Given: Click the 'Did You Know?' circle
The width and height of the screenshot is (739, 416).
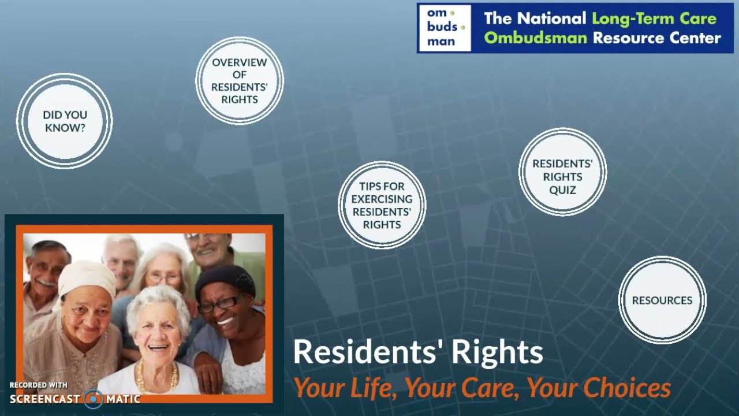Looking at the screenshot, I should click(x=65, y=121).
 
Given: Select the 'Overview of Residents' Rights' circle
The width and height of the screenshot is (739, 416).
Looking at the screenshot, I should click(x=239, y=81).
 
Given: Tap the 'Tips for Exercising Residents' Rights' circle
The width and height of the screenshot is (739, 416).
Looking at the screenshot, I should click(x=382, y=205).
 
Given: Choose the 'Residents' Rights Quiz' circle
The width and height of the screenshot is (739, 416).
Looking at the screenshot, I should click(x=562, y=172).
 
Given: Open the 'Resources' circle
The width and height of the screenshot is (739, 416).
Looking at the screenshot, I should click(x=662, y=300).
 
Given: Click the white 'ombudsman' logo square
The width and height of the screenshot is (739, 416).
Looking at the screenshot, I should click(x=445, y=28).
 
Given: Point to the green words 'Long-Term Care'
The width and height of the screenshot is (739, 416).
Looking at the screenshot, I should click(x=654, y=18).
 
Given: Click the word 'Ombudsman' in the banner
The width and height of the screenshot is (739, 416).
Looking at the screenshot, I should click(x=535, y=39).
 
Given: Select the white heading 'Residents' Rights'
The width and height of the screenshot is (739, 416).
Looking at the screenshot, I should click(x=418, y=352).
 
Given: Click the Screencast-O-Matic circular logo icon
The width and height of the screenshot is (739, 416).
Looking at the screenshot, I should click(x=94, y=399).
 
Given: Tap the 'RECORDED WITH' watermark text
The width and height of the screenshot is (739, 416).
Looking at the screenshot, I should click(x=38, y=385).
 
